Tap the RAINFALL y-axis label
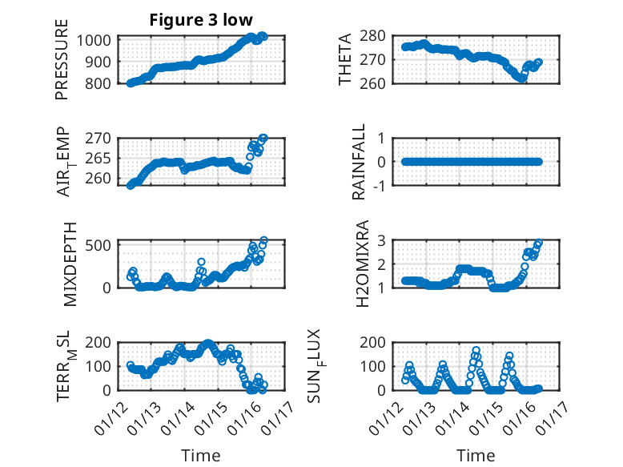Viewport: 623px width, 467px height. [x=360, y=162]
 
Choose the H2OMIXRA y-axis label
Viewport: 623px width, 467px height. [x=363, y=263]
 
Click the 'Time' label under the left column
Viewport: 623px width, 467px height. [x=201, y=455]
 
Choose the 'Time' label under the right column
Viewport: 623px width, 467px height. [x=476, y=455]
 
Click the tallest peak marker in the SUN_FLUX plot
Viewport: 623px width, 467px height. [x=476, y=350]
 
